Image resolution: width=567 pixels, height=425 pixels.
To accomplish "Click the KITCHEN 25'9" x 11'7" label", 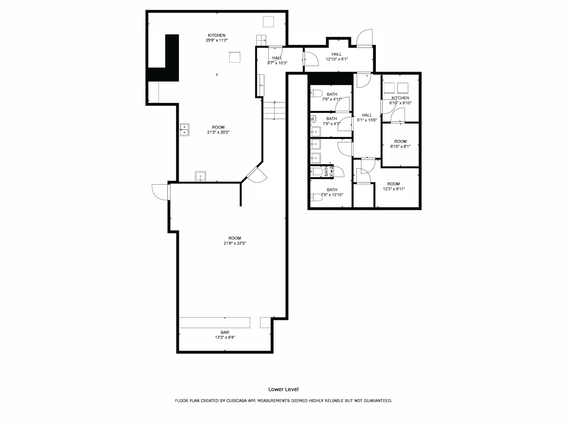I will [x=217, y=38].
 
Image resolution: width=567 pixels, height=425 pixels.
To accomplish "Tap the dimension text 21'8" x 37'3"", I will [x=234, y=243].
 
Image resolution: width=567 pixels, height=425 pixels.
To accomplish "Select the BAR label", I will [x=225, y=332].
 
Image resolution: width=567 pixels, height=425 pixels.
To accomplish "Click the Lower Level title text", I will [x=283, y=389].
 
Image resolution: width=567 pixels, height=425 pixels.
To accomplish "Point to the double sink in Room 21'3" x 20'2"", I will [x=184, y=130].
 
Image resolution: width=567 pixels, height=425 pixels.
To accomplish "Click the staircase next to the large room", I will [x=274, y=111].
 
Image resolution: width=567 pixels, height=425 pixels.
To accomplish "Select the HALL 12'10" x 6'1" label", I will [x=337, y=56].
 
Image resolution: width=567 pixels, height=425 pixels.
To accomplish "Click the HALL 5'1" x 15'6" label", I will [x=367, y=117].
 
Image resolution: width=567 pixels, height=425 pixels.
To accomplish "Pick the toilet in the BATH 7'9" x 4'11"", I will [x=316, y=93].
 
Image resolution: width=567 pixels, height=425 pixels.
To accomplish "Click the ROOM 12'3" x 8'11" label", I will [x=393, y=186].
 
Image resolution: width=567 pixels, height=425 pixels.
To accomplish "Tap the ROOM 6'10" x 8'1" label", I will [x=400, y=144].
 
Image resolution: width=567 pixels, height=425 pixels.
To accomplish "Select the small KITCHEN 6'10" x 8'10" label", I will [x=400, y=100].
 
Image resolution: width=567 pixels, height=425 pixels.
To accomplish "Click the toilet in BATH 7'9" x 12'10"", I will [x=316, y=197].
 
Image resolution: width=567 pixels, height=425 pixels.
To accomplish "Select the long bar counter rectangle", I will [x=215, y=323].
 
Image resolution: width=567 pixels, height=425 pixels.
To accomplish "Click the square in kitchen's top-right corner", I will [x=268, y=22].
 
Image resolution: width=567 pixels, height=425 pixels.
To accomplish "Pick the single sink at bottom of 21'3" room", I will [x=200, y=176].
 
